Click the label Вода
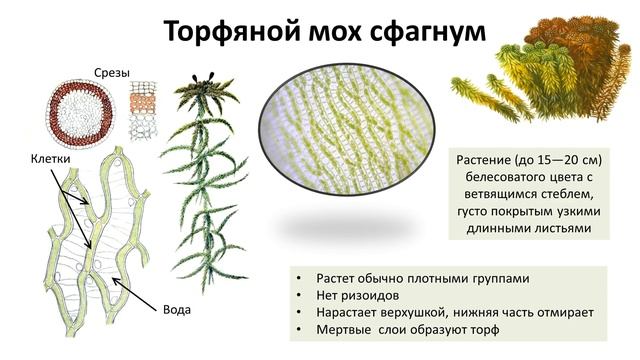tap(176, 309)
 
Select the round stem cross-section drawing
tap(81, 113)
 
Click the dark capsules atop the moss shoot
tap(212, 77)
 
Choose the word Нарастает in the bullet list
tap(351, 312)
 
